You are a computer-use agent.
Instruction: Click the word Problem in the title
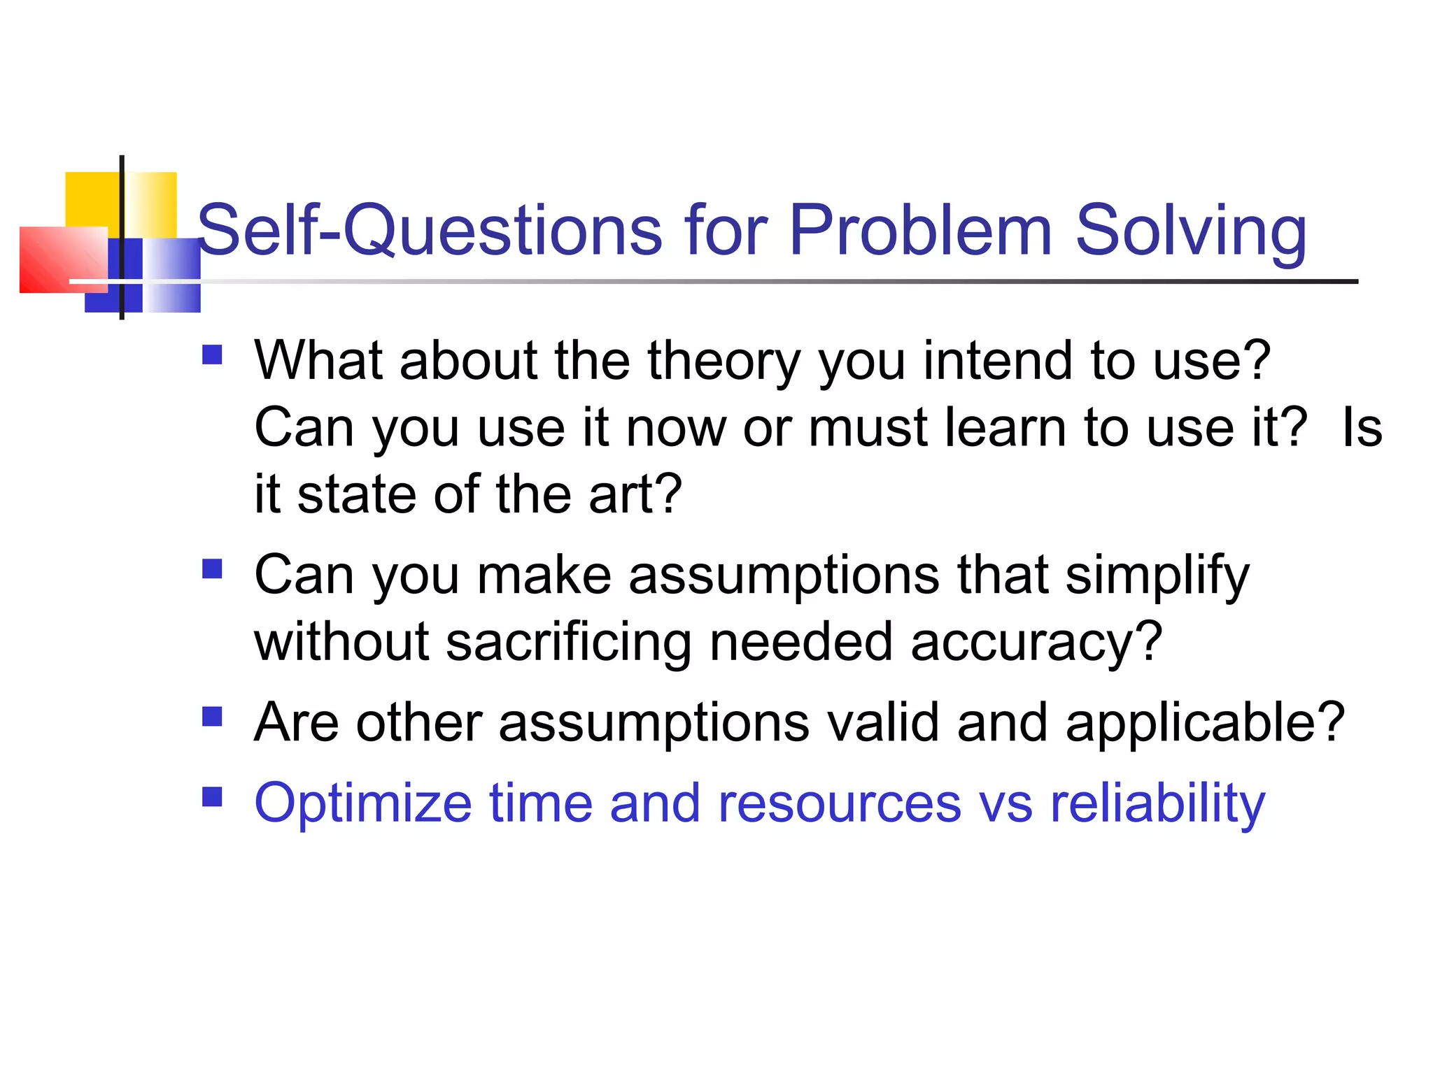[920, 230]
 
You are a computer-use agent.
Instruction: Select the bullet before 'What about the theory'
[212, 355]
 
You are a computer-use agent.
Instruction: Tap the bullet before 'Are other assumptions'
[212, 717]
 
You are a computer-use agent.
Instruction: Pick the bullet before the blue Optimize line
[212, 797]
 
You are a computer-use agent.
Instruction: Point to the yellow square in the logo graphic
[92, 199]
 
